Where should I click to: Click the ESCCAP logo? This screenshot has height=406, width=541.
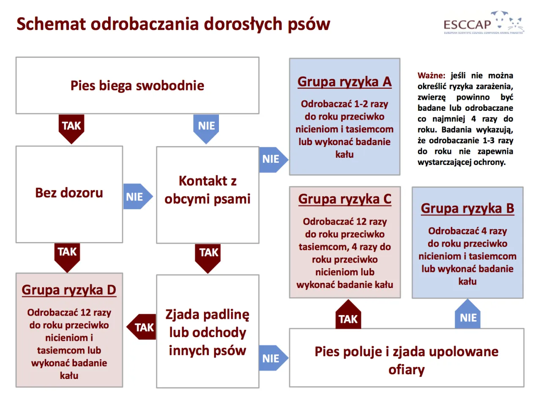483,23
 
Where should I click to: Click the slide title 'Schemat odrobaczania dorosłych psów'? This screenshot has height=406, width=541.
173,24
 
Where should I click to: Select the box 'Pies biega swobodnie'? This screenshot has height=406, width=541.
137,85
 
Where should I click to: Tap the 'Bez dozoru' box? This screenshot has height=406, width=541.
69,194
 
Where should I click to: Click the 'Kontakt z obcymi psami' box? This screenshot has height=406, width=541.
208,190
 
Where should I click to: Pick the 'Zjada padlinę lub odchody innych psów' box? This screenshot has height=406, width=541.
208,332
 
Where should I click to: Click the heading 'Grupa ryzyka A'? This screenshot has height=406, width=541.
344,82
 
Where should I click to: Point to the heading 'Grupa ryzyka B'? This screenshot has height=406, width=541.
467,208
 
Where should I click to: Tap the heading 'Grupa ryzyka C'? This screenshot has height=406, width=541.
345,199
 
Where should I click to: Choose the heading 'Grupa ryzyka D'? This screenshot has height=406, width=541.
69,290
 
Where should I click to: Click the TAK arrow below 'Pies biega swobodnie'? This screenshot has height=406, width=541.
71,127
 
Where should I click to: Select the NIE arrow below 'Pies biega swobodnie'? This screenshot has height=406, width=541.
206,127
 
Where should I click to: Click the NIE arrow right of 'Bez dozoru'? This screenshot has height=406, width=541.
137,197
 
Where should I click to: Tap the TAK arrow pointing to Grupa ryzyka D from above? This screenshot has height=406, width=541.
67,255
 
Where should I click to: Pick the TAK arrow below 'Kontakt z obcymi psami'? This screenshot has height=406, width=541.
208,255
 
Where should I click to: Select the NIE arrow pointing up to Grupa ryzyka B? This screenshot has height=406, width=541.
468,315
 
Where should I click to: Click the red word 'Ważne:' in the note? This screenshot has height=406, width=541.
431,76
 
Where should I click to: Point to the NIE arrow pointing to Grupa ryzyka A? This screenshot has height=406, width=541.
272,159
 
